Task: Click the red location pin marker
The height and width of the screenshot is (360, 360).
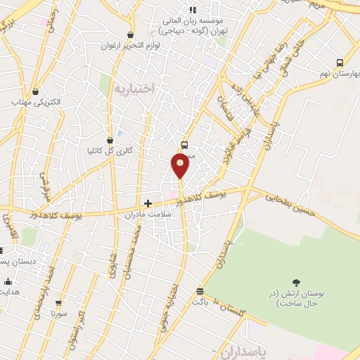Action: tap(180, 165)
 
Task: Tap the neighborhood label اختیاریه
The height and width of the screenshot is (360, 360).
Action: tap(134, 89)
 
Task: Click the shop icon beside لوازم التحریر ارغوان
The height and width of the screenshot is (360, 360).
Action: tap(131, 34)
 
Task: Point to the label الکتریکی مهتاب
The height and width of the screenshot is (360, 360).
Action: tap(36, 103)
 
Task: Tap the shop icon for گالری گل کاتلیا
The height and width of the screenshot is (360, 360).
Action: tap(109, 140)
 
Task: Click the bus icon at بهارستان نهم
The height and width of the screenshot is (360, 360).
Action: tap(340, 63)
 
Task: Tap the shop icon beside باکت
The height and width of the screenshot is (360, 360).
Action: tap(200, 291)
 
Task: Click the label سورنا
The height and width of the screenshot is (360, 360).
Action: tap(58, 314)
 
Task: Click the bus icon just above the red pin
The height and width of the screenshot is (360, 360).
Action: tap(184, 145)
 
